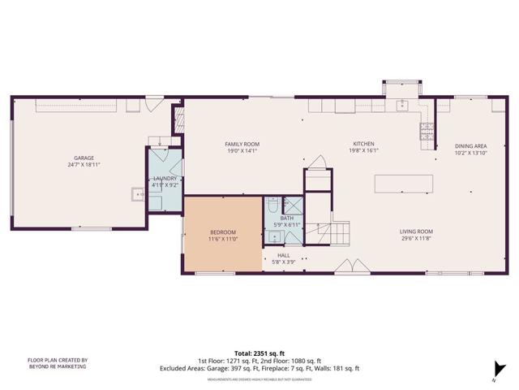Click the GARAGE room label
click(x=84, y=158)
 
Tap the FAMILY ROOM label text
click(x=241, y=144)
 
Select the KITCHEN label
click(x=363, y=144)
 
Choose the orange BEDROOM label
click(x=223, y=233)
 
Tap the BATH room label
click(x=287, y=218)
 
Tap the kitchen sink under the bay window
click(x=402, y=104)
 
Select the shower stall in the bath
click(x=293, y=206)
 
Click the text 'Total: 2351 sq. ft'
click(x=259, y=353)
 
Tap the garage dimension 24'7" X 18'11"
click(x=84, y=165)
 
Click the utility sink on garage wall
click(x=138, y=194)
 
